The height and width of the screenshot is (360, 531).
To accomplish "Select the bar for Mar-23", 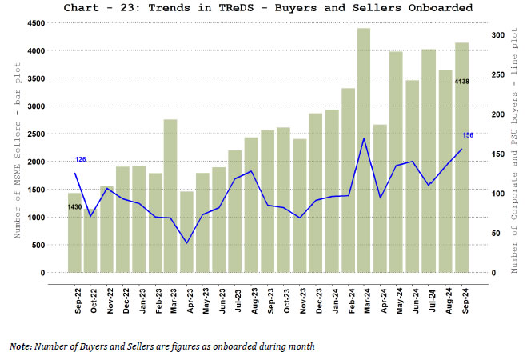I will (170, 196).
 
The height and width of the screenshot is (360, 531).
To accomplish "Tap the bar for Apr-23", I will (186, 232).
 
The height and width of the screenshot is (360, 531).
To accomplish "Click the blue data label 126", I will (80, 160).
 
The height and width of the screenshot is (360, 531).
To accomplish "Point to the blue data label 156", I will (468, 135).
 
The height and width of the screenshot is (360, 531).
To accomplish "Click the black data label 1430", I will (74, 207).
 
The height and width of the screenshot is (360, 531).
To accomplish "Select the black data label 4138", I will (462, 82).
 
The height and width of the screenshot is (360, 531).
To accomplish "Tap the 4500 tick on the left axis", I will (35, 23).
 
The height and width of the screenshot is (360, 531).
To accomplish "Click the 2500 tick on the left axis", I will (35, 134).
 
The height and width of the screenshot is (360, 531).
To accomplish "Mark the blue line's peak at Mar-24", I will (364, 138).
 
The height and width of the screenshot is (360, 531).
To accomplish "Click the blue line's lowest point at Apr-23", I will (187, 243).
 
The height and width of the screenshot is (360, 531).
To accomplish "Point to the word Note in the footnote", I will (21, 346).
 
